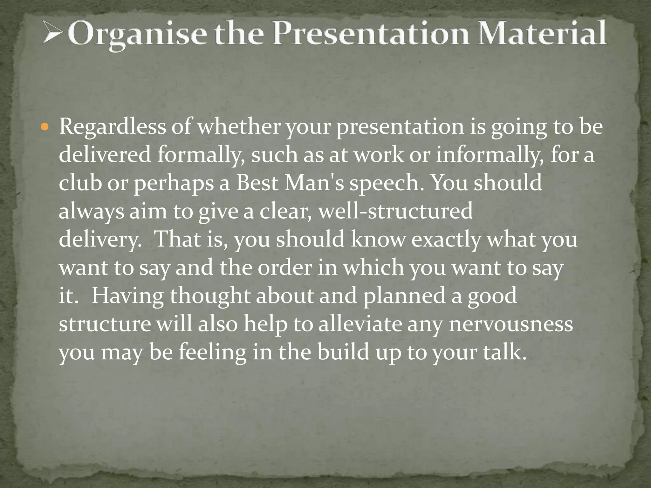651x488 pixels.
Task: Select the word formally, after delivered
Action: pyautogui.click(x=201, y=155)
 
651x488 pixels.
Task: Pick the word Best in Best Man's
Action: pyautogui.click(x=257, y=183)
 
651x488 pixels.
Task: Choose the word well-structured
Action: pyautogui.click(x=395, y=211)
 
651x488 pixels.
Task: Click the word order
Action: pyautogui.click(x=285, y=268)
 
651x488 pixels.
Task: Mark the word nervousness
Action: pyautogui.click(x=511, y=324)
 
